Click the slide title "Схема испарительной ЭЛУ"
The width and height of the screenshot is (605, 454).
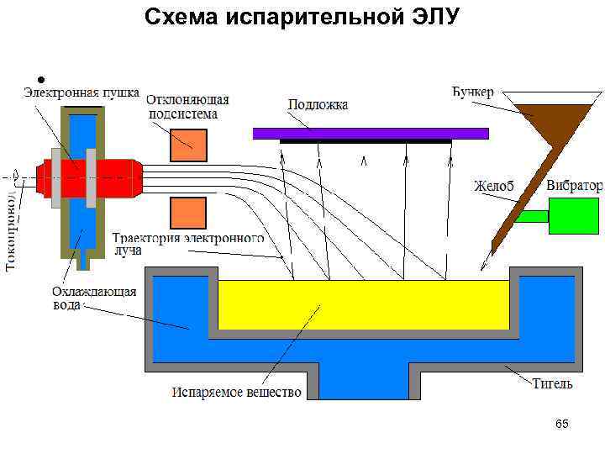pos(302,17)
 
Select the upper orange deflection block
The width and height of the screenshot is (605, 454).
pos(188,145)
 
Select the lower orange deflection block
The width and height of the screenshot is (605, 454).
pos(188,213)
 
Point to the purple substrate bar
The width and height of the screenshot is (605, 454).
pos(370,133)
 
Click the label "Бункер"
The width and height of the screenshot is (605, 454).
pos(474,91)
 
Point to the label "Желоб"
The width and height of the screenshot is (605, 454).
pos(493,186)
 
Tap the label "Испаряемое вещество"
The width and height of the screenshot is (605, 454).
pos(237,393)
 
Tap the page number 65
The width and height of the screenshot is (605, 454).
pos(562,425)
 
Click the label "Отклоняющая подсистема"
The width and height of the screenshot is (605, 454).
pos(188,107)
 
